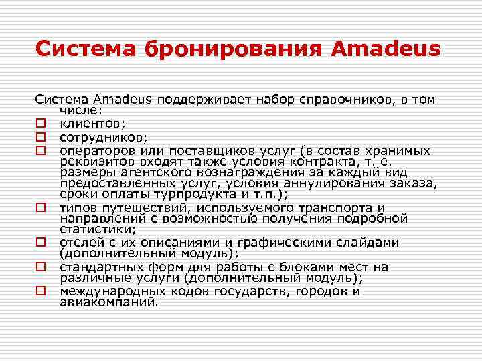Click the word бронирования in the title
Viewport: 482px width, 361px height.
(212, 49)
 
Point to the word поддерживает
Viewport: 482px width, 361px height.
(200, 100)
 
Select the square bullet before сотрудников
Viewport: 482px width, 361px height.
(41, 138)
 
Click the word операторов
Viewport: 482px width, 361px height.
(96, 150)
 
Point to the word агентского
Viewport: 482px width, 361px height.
(147, 173)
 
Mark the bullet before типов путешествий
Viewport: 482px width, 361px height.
(41, 209)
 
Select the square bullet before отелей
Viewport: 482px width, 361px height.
(41, 243)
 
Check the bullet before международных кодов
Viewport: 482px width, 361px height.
(41, 292)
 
